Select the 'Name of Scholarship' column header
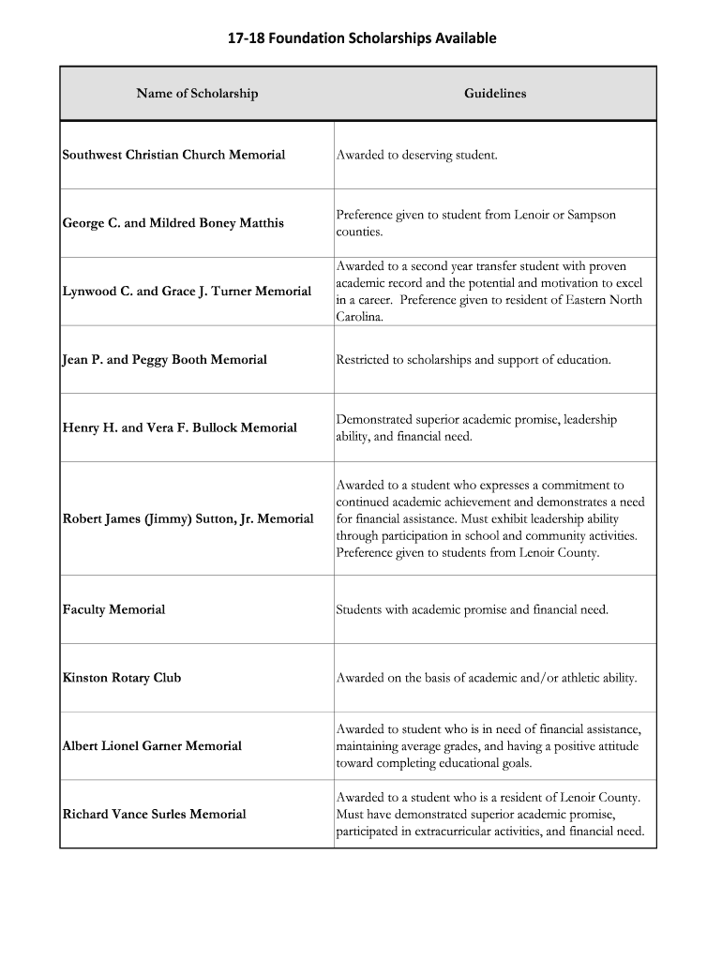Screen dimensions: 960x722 (x=197, y=94)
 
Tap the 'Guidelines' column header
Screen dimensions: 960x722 (x=495, y=94)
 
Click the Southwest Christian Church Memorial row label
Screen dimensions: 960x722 (x=173, y=155)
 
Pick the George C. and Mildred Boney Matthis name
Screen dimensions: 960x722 (x=173, y=223)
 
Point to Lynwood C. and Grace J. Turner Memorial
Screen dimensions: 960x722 (x=187, y=292)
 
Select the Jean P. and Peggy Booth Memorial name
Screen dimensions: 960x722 (x=164, y=360)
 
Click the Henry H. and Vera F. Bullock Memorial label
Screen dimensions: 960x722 (x=179, y=428)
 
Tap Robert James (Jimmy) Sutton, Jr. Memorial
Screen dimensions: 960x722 (x=188, y=519)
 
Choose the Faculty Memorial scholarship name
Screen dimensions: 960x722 (x=113, y=610)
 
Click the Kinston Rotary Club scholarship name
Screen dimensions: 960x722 (x=122, y=678)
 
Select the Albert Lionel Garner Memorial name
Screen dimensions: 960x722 (x=152, y=746)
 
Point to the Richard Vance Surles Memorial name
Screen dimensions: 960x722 (x=154, y=815)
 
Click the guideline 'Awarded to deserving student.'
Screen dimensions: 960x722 (x=416, y=155)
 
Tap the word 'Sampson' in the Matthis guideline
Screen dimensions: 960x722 (x=592, y=215)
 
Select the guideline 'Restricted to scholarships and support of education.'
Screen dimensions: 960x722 (x=474, y=360)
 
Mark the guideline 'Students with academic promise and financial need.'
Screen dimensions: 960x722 (x=472, y=610)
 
